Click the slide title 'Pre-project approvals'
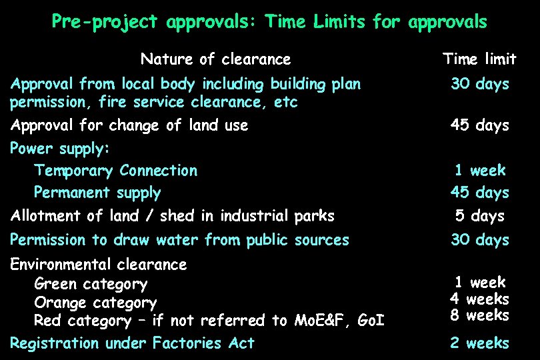click(x=269, y=22)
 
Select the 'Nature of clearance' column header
click(x=215, y=59)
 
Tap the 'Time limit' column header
click(x=479, y=59)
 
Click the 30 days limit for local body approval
click(x=479, y=84)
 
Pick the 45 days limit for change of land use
click(x=479, y=125)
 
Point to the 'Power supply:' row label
click(x=60, y=147)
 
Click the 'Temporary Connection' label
click(x=115, y=170)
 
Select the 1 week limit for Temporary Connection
click(x=479, y=170)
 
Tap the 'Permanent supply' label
click(x=97, y=193)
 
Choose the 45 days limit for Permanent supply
click(x=479, y=193)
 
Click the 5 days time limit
click(x=479, y=216)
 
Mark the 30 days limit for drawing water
click(x=479, y=240)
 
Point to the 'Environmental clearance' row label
click(x=99, y=265)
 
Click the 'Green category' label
click(x=91, y=284)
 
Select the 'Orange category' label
click(x=95, y=303)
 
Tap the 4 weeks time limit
click(x=479, y=299)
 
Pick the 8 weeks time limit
click(x=479, y=315)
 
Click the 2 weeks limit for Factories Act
click(x=479, y=343)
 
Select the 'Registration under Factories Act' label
click(x=132, y=343)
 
